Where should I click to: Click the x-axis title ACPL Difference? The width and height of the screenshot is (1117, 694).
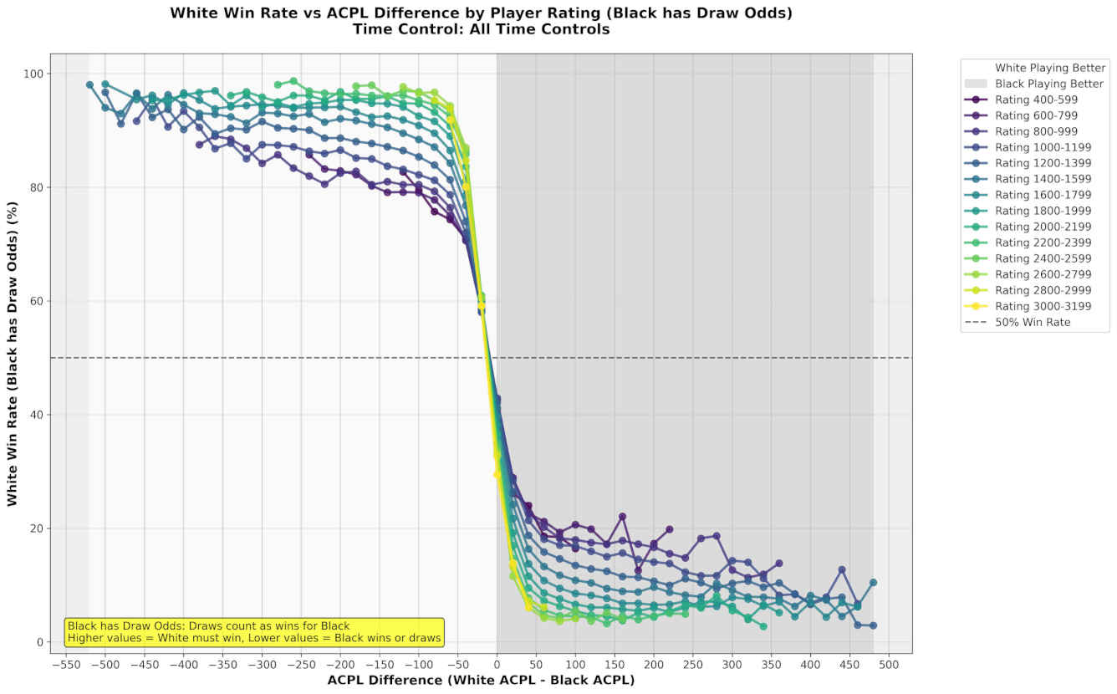coord(481,681)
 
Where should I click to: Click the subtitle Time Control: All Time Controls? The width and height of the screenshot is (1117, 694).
coord(481,29)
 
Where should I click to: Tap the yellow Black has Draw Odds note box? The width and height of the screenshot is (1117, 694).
coord(255,632)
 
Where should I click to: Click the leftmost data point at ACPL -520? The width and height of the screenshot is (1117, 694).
coord(89,84)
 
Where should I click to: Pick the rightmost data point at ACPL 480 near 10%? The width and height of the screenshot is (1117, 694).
coord(873,583)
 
